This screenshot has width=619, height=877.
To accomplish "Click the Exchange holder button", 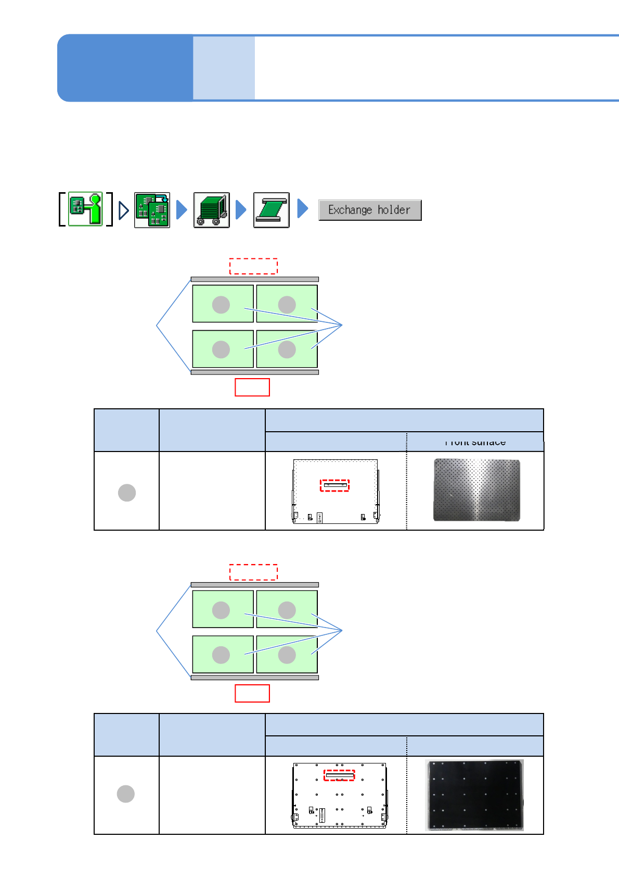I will point(369,210).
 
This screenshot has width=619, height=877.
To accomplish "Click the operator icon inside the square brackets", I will point(85,209).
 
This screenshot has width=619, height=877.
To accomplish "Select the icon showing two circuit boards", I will point(152,210).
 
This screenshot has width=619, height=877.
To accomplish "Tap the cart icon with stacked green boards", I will point(212,210).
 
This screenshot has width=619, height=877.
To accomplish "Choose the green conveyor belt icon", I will point(271,210).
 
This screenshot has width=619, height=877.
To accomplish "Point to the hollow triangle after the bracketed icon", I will point(123,210).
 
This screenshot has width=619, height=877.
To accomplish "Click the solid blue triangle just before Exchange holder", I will point(302,208).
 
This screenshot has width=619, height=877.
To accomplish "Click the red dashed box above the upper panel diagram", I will point(253,266).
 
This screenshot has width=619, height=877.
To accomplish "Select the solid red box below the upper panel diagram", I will point(252,387).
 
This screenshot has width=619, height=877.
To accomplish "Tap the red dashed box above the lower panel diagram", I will point(253,572).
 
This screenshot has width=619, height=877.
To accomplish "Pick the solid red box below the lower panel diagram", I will point(252,693).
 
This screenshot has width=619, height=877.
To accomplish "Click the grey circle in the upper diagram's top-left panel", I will point(221,305).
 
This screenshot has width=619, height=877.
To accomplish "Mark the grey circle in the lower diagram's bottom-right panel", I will point(287,655).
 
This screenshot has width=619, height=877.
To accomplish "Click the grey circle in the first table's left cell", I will point(127,492).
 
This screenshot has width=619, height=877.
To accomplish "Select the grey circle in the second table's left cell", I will point(126,794).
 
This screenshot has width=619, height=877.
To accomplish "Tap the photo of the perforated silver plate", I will point(476,490).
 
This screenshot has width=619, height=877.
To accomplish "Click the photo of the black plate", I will point(474,795).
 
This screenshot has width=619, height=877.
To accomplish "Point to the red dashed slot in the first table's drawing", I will point(334,485).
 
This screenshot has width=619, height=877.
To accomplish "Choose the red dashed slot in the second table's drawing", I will point(339,775).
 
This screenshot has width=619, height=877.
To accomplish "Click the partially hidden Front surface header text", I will point(475,443).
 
